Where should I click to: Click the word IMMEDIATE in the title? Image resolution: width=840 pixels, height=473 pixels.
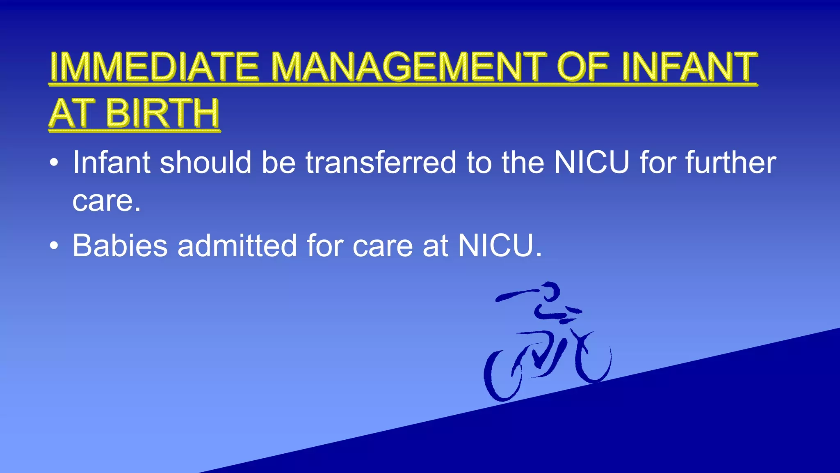154,67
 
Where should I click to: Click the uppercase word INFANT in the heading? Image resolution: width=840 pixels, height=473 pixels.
689,67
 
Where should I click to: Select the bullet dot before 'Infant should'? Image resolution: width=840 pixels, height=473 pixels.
54,163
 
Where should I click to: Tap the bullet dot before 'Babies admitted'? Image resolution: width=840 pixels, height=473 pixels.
54,246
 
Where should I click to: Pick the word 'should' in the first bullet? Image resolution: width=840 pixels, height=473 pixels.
205,162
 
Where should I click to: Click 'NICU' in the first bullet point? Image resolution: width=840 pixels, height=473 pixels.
591,162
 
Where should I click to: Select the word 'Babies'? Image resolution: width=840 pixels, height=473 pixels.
120,246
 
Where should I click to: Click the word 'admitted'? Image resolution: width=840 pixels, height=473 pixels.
237,246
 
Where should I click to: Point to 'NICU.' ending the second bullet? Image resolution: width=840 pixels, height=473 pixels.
500,246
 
